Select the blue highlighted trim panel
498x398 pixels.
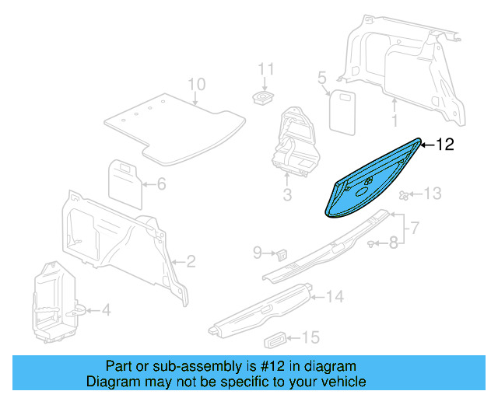372,183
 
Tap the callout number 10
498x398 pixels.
196,85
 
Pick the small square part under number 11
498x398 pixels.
265,97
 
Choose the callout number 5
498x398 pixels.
321,77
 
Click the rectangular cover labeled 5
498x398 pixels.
341,111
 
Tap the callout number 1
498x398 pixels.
395,120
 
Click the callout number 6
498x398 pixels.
162,184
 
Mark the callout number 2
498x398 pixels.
191,262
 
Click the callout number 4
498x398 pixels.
107,310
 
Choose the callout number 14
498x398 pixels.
335,296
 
